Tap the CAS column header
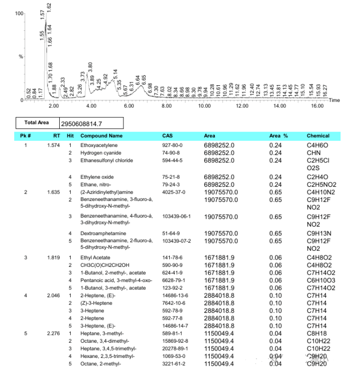coord(167,136)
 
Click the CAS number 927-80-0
coord(172,146)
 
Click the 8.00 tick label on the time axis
coord(166,106)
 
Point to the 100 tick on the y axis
coord(19,13)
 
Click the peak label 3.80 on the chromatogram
coord(91,67)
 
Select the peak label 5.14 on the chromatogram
coord(115,74)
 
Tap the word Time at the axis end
coord(334,101)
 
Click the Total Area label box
coord(37,123)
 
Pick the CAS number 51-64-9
coord(171,234)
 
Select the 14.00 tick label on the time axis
coord(279,106)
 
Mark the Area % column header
coord(279,136)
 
